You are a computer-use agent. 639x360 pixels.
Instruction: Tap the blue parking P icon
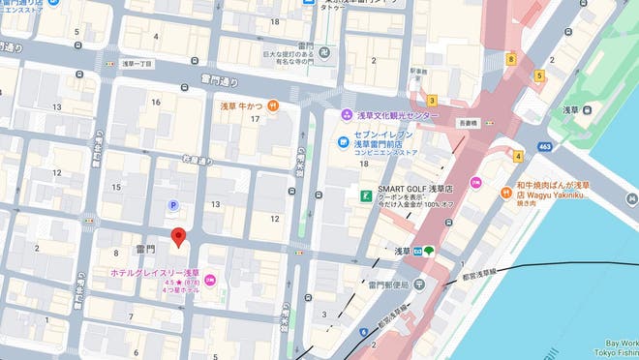point(173,205)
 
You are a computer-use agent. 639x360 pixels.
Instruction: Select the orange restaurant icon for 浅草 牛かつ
point(274,105)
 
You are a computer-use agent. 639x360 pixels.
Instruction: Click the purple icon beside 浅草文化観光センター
point(346,116)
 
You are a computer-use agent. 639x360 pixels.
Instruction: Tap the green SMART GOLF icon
point(366,196)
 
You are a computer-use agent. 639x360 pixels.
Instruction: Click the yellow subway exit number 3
point(432,99)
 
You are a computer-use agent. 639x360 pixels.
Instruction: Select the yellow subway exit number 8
point(510,59)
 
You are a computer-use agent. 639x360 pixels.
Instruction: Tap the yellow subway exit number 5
point(539,75)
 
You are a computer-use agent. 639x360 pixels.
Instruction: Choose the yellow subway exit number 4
point(518,156)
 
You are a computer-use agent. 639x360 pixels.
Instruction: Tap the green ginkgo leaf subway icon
point(428,251)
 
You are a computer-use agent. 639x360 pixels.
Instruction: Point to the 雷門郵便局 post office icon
point(418,285)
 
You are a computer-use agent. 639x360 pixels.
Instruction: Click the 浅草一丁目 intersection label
point(137,63)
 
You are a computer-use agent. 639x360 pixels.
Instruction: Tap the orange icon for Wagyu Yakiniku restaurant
point(507,192)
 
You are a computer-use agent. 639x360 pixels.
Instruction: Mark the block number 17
point(255,119)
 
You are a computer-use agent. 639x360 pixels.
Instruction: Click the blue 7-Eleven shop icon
point(343,145)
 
